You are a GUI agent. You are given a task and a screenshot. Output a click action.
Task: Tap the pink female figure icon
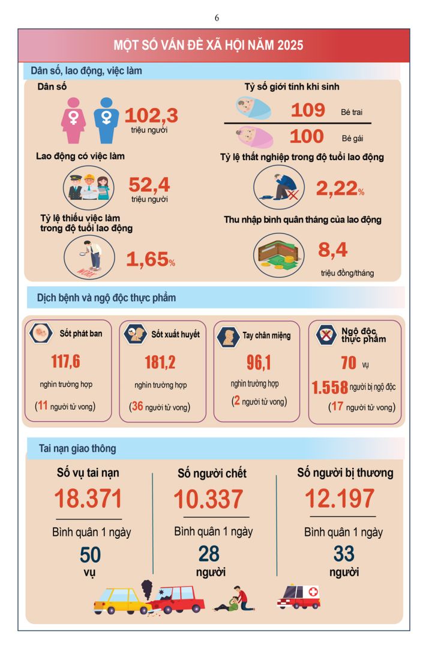tap(74, 121)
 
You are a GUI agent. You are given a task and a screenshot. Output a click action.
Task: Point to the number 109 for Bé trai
tap(308, 110)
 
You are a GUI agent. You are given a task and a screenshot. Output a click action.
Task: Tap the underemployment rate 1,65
tap(147, 259)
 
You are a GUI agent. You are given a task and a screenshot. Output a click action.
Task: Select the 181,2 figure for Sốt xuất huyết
tap(160, 362)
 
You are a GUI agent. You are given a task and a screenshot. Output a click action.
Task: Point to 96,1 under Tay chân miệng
tap(259, 362)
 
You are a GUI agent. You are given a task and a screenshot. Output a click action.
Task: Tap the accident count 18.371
tap(88, 499)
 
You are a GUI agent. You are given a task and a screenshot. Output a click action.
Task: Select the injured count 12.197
tap(340, 499)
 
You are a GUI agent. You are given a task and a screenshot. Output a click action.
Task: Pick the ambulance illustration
tap(299, 597)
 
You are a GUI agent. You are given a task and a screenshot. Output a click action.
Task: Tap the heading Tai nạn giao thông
tap(77, 448)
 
